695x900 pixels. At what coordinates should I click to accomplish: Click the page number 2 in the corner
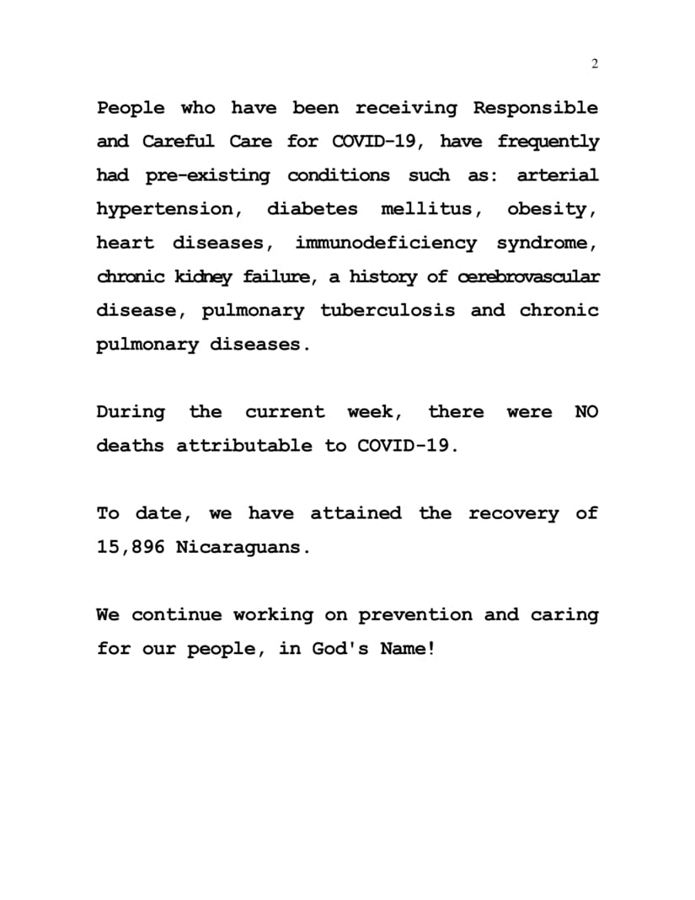click(x=595, y=65)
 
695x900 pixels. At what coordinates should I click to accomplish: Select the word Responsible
click(x=536, y=109)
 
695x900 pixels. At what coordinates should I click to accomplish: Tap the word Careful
click(x=178, y=142)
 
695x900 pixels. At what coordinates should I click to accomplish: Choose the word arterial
click(x=557, y=176)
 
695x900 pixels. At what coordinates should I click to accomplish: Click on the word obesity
click(x=552, y=210)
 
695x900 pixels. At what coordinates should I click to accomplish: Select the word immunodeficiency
click(x=385, y=244)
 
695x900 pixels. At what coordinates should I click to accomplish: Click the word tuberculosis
click(x=388, y=311)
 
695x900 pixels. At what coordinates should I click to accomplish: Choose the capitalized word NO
click(x=586, y=412)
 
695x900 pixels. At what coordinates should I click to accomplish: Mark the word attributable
click(x=243, y=446)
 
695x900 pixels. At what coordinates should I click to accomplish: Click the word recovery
click(x=513, y=513)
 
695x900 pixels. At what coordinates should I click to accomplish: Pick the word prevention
click(x=415, y=615)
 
